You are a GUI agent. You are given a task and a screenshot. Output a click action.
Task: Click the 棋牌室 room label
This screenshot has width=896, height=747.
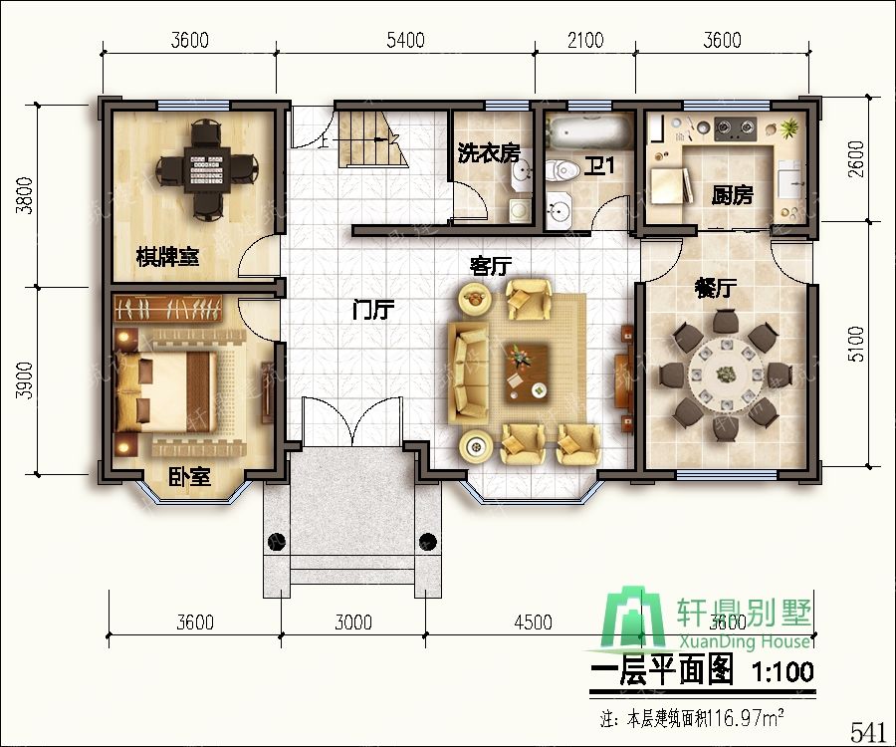[167, 257]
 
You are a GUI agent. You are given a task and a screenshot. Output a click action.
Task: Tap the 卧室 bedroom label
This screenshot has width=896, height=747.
[188, 477]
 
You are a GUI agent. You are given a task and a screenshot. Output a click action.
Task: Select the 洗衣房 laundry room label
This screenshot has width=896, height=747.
[488, 153]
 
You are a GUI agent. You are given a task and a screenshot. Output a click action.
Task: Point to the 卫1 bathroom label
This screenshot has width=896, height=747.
[598, 167]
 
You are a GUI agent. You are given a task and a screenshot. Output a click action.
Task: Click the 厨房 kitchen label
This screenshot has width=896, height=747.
[732, 196]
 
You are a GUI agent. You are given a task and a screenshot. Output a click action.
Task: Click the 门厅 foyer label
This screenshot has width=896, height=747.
[373, 310]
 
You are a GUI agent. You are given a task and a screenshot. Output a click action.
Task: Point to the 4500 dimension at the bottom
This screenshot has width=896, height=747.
[532, 623]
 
